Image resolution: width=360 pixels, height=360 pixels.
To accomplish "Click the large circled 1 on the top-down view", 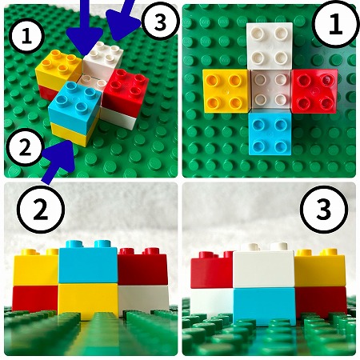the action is [x=335, y=25].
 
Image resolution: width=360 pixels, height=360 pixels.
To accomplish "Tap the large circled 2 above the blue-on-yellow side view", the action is [x=41, y=210].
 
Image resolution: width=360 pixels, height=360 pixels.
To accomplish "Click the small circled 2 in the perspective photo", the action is [x=25, y=147].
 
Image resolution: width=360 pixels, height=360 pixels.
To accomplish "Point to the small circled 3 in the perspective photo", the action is [x=160, y=22].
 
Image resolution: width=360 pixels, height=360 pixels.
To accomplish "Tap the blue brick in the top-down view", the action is [x=270, y=134].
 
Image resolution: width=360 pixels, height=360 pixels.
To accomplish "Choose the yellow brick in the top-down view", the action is [x=226, y=91].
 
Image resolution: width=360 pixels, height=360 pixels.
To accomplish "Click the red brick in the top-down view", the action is [x=314, y=91].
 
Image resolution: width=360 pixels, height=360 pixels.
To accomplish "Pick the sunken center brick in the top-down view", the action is [x=270, y=90].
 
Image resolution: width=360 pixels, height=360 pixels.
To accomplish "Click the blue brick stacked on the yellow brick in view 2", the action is [x=88, y=262].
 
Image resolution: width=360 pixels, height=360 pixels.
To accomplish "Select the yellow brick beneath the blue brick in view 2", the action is [x=88, y=302].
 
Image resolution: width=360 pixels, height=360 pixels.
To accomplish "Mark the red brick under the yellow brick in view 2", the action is [x=35, y=298].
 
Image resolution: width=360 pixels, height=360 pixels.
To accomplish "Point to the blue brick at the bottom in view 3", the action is [x=265, y=306].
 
